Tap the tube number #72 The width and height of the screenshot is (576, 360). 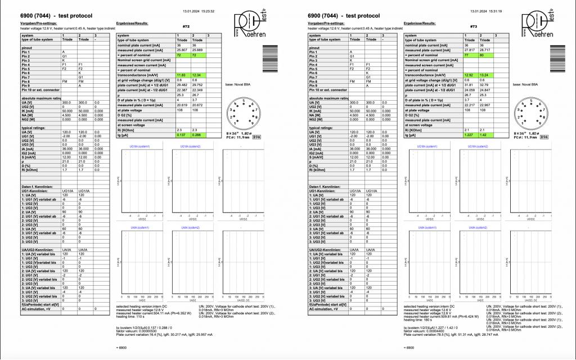[186, 26]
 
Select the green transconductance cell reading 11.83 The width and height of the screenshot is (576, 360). [181, 75]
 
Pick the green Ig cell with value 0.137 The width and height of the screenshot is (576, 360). [181, 136]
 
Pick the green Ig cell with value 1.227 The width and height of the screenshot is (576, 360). [469, 136]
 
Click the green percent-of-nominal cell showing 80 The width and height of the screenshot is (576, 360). [484, 55]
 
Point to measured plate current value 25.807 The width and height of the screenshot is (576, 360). [181, 51]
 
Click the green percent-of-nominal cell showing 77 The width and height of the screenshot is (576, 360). [469, 55]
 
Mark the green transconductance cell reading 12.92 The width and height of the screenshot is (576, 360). [469, 75]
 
